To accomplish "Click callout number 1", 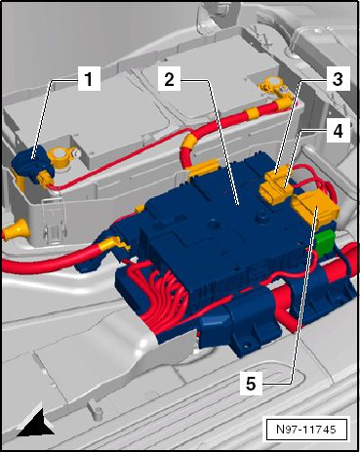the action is click(88, 79).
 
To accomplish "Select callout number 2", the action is click(169, 79).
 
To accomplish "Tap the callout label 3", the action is click(338, 79).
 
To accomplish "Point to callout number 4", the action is click(338, 131).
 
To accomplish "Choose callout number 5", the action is click(251, 384).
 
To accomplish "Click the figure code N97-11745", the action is click(306, 429).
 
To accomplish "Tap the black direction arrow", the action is click(37, 422).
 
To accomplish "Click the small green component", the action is click(325, 242).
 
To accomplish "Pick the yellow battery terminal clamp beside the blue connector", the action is click(61, 158).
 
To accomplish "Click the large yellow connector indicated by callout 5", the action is click(315, 209).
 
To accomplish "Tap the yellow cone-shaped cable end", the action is click(17, 229).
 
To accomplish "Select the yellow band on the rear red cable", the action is click(253, 113).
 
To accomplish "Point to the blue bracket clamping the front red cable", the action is click(240, 325).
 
